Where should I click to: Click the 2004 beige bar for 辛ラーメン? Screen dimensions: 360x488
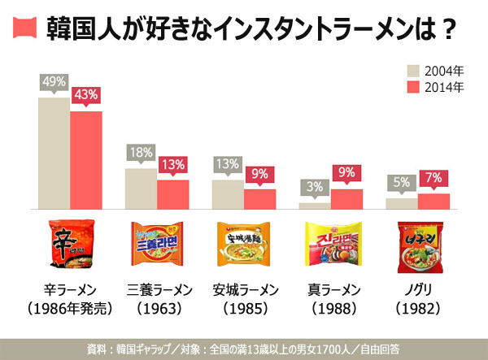[54, 153]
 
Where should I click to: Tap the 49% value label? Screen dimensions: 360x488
[54, 82]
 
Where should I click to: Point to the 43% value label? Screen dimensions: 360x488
[85, 95]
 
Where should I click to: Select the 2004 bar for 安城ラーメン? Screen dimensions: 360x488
[228, 194]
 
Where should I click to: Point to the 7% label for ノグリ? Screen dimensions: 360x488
[434, 178]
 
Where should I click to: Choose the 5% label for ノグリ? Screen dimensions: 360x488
[402, 183]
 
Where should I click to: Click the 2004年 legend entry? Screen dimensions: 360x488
[435, 70]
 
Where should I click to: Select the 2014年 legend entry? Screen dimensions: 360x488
[435, 87]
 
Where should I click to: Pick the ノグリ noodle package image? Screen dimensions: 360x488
[417, 246]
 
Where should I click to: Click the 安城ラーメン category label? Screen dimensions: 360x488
[245, 290]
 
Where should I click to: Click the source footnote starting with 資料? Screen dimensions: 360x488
[244, 349]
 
